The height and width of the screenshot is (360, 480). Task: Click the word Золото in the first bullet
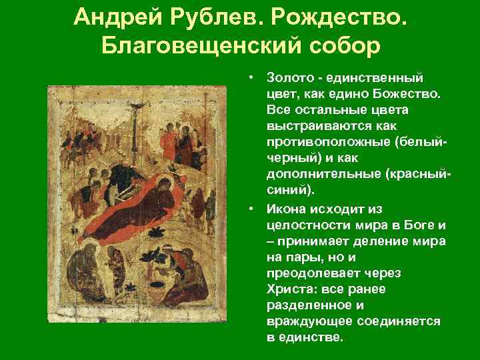[x=288, y=79]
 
